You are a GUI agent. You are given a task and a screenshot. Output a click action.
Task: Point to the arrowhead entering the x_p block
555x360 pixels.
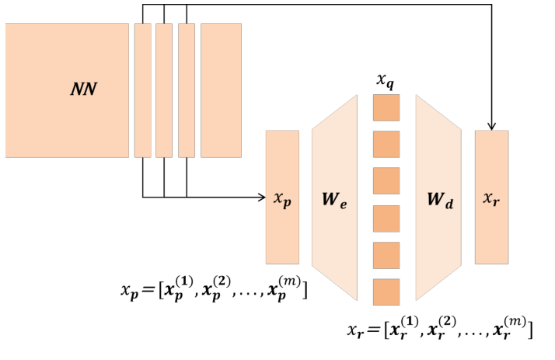(261, 197)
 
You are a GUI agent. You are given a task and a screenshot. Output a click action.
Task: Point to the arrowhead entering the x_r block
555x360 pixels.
(491, 125)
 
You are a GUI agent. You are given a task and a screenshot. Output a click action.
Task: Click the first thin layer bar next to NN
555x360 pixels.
(142, 89)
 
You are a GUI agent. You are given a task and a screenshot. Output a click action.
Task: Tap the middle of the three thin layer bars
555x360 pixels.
(164, 89)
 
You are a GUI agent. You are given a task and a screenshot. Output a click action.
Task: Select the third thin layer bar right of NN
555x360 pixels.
(186, 89)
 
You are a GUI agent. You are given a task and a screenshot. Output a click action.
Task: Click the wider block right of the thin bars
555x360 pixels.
(221, 89)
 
